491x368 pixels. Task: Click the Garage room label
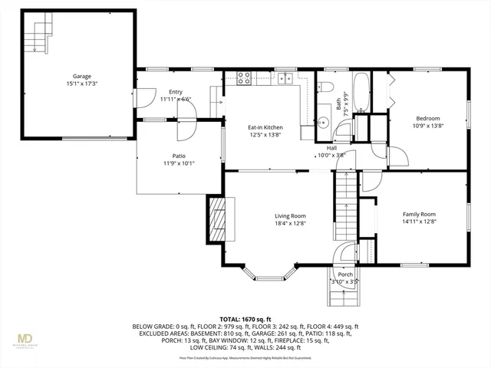[x=82, y=77]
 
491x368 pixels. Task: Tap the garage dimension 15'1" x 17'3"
[x=82, y=84]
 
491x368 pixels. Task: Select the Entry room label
[x=176, y=92]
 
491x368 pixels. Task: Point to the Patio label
[x=179, y=156]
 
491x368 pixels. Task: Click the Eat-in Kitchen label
[x=265, y=127]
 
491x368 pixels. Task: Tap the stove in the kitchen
[x=245, y=77]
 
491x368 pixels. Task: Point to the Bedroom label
[x=427, y=118]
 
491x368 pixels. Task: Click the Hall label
[x=331, y=148]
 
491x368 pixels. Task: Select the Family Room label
[x=419, y=214]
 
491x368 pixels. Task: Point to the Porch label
[x=345, y=274]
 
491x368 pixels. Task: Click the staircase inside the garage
[x=41, y=34]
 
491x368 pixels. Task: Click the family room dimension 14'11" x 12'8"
[x=419, y=222]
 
